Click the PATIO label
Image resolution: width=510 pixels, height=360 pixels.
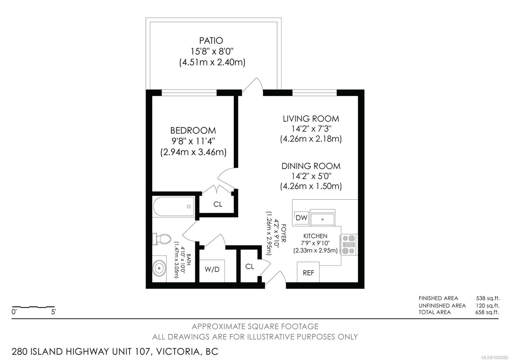tap(211, 41)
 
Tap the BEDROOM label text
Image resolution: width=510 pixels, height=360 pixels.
tap(193, 131)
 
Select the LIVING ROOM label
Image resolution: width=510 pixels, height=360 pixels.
tap(311, 119)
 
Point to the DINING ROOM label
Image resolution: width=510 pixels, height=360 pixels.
tap(311, 166)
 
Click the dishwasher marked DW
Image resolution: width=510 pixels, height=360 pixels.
tap(302, 218)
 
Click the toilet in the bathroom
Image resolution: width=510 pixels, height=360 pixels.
tap(162, 239)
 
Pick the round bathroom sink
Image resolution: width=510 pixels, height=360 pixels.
tap(159, 268)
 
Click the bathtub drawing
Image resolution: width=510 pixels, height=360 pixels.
tap(173, 206)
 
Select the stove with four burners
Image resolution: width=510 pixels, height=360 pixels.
tap(349, 244)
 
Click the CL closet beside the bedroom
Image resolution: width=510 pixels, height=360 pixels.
tap(218, 204)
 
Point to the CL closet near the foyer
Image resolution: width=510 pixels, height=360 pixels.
tap(250, 266)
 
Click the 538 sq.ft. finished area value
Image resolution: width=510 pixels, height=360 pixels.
tap(488, 298)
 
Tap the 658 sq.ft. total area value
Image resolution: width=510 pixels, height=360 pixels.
tap(487, 312)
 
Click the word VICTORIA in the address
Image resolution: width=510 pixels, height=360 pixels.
tap(178, 352)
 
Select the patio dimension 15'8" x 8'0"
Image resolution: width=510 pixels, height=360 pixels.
tap(212, 51)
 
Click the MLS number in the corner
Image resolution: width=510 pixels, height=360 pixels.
tap(496, 357)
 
